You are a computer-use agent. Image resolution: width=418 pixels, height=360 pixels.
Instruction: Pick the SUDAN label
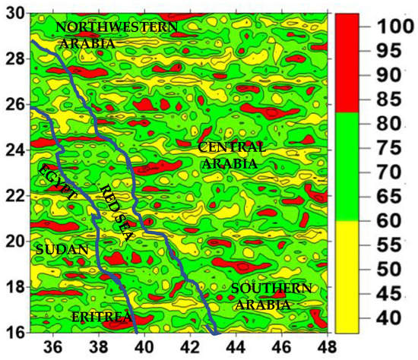[62, 249]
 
